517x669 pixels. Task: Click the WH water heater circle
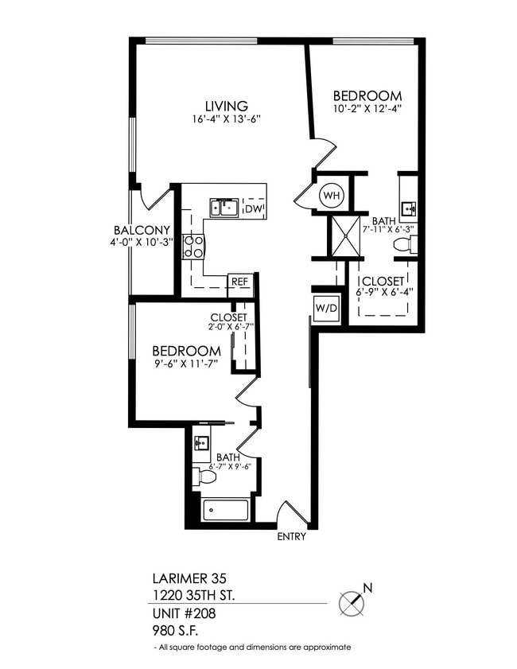(x=331, y=194)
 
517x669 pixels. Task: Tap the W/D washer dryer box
(x=324, y=306)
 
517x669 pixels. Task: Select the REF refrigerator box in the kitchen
(x=239, y=282)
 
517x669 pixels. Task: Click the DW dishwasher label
(x=253, y=209)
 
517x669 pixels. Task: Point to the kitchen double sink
(x=224, y=208)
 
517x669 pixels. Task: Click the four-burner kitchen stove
(x=192, y=247)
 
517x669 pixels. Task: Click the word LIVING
(x=226, y=105)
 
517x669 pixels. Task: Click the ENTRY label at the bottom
(x=291, y=537)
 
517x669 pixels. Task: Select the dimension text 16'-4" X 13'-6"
(x=227, y=119)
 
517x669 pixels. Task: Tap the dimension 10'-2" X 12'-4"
(x=367, y=109)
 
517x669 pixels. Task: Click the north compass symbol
(x=352, y=602)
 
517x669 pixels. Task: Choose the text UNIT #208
(x=183, y=613)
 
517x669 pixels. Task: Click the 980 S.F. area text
(x=175, y=630)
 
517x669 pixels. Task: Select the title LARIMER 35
(x=184, y=578)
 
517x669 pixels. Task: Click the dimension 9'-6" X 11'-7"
(x=185, y=365)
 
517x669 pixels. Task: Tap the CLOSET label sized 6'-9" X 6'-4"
(x=383, y=281)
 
